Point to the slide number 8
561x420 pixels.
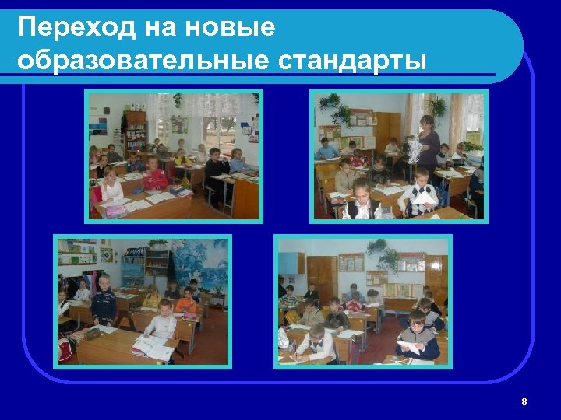524,402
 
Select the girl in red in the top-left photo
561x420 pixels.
155,176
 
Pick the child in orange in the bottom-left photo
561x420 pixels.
185,300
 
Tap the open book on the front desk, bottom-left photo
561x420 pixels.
153,345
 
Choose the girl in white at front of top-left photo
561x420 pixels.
111,187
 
